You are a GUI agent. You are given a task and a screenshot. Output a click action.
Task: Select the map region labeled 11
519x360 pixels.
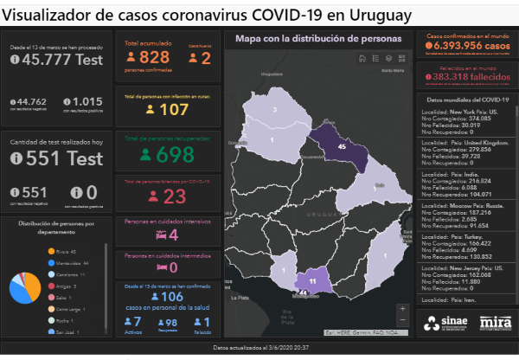pyautogui.click(x=311, y=281)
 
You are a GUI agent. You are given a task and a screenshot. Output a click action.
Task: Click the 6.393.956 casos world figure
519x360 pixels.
pyautogui.click(x=470, y=46)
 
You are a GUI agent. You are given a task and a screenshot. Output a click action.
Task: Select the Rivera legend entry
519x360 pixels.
pyautogui.click(x=61, y=252)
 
